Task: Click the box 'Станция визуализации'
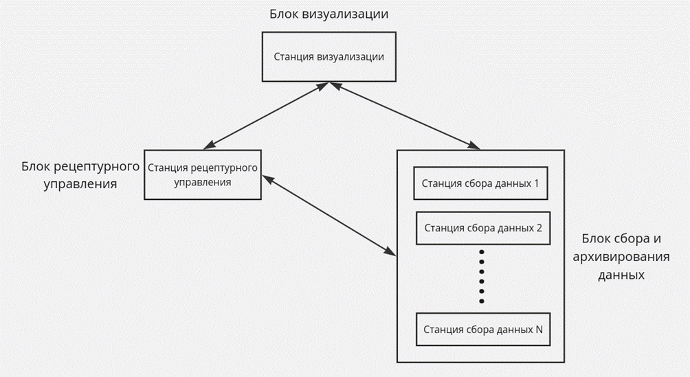329,57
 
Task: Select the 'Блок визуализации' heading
329,14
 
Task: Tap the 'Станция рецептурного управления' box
203,174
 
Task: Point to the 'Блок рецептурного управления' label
80,174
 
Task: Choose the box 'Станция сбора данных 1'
480,183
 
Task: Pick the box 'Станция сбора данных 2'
483,228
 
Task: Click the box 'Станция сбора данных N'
483,329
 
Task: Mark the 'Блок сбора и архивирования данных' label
621,256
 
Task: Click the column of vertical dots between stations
481,277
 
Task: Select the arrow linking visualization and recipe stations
266,115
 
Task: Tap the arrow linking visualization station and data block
405,116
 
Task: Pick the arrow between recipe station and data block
329,216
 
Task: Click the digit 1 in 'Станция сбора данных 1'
536,183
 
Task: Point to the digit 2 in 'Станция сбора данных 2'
539,228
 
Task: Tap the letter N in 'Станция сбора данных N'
539,329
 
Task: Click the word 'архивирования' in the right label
621,257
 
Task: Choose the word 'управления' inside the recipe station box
203,182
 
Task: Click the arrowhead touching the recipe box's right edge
268,179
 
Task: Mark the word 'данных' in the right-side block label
621,275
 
